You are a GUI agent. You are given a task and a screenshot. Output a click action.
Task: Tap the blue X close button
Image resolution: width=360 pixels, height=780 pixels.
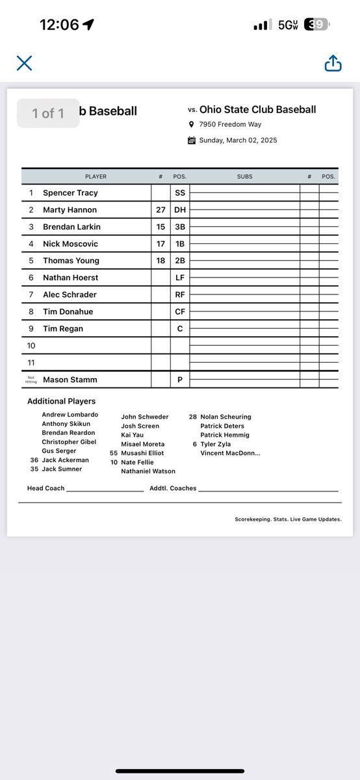[24, 63]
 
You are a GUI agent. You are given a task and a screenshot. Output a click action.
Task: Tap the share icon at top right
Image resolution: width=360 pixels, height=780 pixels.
[333, 63]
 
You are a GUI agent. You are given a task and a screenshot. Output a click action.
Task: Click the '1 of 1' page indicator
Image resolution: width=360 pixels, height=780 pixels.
[48, 114]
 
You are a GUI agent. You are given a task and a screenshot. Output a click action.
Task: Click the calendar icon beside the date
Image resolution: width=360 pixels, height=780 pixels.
[192, 140]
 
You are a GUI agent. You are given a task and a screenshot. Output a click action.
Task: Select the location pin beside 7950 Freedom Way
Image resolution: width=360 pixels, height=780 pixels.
[192, 124]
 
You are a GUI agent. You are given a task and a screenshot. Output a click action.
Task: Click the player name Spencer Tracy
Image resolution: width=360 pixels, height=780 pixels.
[70, 193]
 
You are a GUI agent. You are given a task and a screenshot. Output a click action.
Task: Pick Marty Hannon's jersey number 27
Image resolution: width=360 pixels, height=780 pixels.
[161, 210]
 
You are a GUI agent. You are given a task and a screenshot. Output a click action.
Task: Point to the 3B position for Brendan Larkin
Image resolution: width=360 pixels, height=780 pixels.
[180, 227]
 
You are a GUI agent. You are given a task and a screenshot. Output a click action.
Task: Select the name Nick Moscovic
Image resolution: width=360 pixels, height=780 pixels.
[71, 244]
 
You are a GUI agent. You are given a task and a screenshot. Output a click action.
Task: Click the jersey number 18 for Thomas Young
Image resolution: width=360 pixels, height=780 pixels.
[161, 261]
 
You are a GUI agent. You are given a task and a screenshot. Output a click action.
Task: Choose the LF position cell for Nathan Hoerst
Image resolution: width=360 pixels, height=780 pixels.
[180, 278]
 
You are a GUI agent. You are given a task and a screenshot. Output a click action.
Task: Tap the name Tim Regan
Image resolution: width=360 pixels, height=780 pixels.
[63, 329]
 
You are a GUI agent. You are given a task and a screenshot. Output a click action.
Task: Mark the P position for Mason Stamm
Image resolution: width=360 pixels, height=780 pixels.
[180, 380]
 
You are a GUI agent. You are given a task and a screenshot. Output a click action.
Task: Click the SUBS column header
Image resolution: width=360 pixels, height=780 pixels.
[244, 176]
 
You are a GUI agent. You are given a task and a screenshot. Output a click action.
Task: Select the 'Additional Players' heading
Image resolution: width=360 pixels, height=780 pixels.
[61, 402]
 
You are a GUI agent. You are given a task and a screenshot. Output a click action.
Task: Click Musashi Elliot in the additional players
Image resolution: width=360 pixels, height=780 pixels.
[142, 453]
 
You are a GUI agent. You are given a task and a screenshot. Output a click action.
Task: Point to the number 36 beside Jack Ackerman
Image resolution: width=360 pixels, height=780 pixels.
[34, 460]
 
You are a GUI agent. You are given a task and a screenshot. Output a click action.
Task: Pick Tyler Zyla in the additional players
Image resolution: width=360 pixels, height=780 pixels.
[215, 444]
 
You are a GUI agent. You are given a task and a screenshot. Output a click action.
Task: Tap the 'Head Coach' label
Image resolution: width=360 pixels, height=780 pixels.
[45, 488]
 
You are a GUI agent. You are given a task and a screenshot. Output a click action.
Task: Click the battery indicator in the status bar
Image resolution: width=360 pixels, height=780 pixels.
[318, 25]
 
